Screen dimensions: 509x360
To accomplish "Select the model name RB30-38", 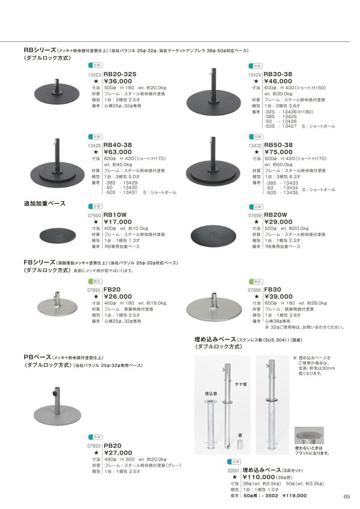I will pyautogui.click(x=278, y=74).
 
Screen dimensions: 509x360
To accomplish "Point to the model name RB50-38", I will pyautogui.click(x=278, y=145).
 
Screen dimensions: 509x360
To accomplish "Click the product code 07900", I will pyautogui.click(x=95, y=215).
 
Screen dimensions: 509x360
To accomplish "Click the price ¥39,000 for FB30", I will pyautogui.click(x=279, y=296).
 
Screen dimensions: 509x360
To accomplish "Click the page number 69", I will pyautogui.click(x=346, y=495).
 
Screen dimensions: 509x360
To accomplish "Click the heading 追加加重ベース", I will pyautogui.click(x=43, y=204).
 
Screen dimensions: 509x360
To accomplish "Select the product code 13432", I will pyautogui.click(x=254, y=146).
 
